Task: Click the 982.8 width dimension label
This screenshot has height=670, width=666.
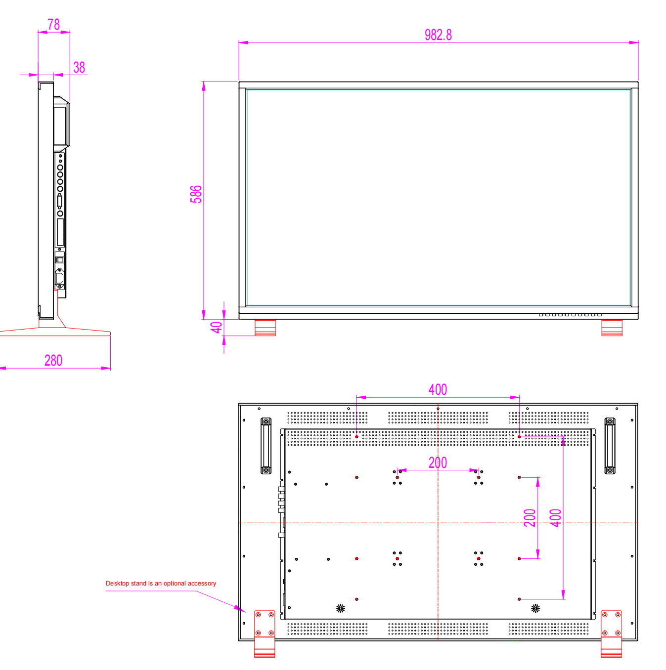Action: tap(438, 35)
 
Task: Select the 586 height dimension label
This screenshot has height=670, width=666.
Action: tap(196, 194)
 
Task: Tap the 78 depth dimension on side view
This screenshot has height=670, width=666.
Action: tap(53, 24)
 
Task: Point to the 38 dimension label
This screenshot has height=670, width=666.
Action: tap(79, 67)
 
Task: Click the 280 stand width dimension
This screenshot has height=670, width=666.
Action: tap(53, 360)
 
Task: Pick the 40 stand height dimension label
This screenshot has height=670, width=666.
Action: tap(216, 327)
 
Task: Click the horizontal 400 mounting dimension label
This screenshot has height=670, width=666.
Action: tap(438, 389)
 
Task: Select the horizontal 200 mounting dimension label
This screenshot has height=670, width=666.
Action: tap(438, 462)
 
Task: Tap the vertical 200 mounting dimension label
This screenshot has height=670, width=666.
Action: tap(530, 518)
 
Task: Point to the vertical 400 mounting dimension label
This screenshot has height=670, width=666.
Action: tap(555, 518)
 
